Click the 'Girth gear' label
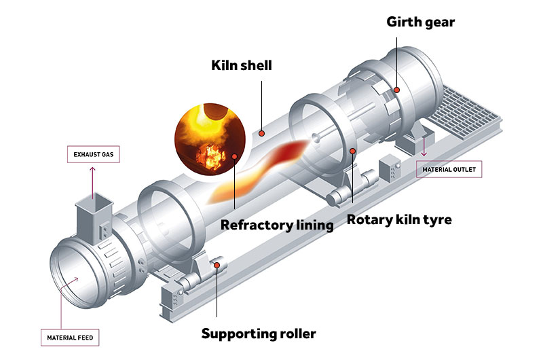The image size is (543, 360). (x=420, y=22)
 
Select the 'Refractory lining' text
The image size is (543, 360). (x=277, y=225)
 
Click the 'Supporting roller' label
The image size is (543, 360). (x=259, y=334)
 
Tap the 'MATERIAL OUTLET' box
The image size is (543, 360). (x=449, y=169)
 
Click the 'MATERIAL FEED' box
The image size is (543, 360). (x=70, y=336)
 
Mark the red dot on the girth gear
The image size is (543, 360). (x=396, y=90)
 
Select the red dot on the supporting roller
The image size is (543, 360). (x=217, y=266)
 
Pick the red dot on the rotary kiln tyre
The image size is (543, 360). (x=352, y=150)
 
